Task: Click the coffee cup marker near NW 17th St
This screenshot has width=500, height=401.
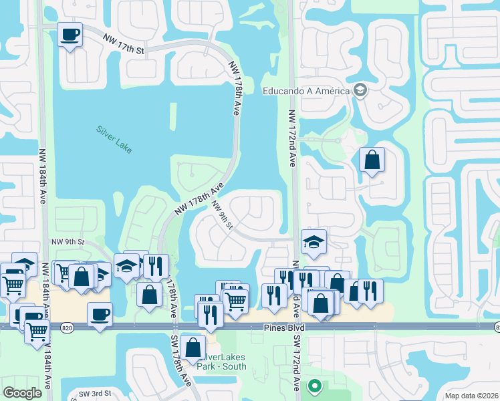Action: pyautogui.click(x=69, y=35)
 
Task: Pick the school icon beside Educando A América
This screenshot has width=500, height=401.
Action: pyautogui.click(x=360, y=90)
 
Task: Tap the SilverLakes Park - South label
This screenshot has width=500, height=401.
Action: pyautogui.click(x=223, y=362)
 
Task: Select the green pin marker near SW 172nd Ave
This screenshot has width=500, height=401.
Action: pyautogui.click(x=314, y=386)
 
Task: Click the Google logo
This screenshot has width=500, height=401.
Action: pyautogui.click(x=23, y=393)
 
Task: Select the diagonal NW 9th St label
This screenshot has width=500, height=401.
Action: pyautogui.click(x=221, y=214)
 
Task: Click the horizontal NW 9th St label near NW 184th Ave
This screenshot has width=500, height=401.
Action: pyautogui.click(x=68, y=241)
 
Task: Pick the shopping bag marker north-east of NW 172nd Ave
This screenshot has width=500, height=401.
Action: pyautogui.click(x=372, y=160)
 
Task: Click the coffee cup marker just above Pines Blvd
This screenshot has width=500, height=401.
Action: pyautogui.click(x=100, y=314)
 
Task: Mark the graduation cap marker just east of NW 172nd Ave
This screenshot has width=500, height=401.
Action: pyautogui.click(x=313, y=243)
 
